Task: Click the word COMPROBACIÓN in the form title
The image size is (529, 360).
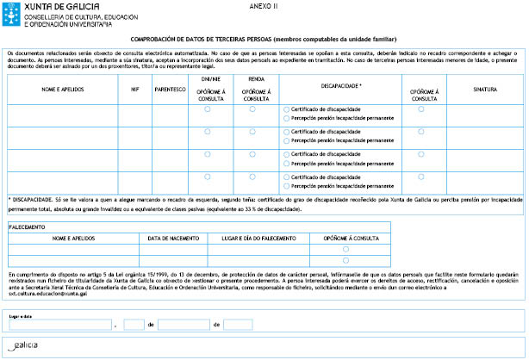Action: coord(156,40)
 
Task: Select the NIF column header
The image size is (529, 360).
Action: coord(134,89)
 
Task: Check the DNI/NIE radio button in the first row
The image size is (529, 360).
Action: coord(208,109)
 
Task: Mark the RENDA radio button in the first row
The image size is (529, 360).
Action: coord(252,109)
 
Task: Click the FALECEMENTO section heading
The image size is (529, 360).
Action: coord(29,227)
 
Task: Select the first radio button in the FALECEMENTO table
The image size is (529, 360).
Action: coord(345,249)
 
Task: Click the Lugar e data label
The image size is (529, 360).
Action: coord(21,315)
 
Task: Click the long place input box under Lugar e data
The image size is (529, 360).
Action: coord(59,325)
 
